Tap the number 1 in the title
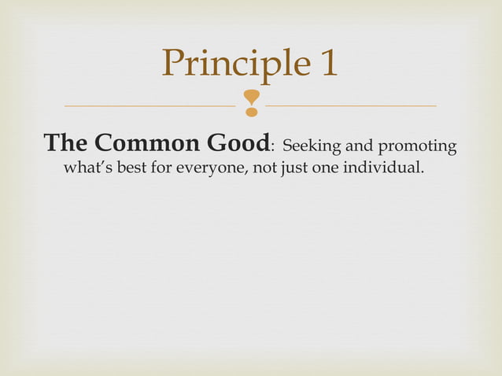point(328,63)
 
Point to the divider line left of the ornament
point(149,105)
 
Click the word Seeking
point(308,146)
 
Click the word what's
point(87,168)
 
